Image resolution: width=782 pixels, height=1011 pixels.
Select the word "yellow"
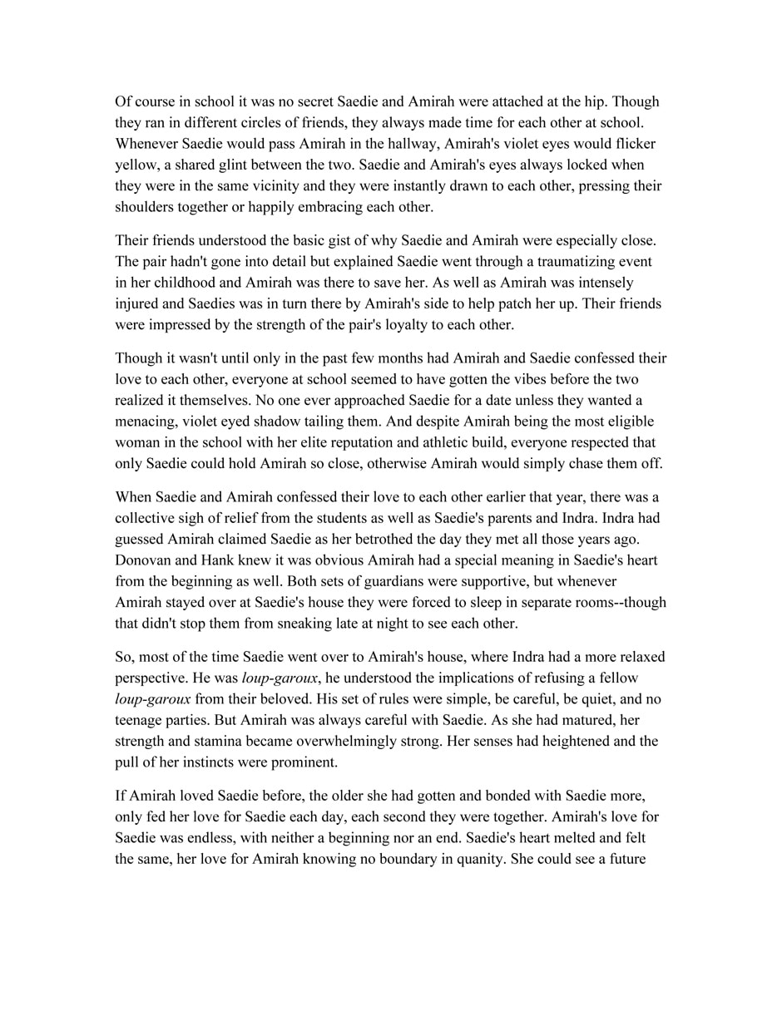[x=136, y=165]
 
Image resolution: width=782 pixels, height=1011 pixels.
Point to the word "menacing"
[x=146, y=422]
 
